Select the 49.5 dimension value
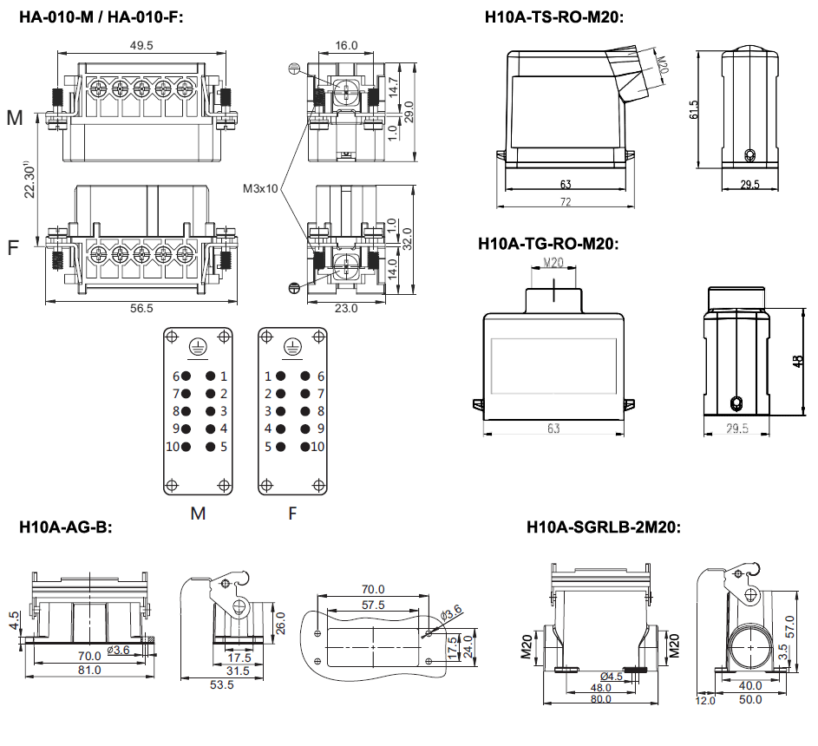click(141, 45)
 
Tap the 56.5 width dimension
click(141, 308)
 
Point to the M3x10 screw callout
click(260, 188)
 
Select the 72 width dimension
click(565, 201)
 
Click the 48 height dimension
click(798, 360)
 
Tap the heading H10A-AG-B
click(66, 527)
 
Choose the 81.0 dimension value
click(90, 670)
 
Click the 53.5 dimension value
click(222, 684)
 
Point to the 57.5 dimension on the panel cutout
click(373, 605)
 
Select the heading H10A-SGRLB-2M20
click(604, 527)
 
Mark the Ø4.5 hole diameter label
click(612, 676)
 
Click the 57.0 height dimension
click(790, 623)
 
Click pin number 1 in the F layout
click(268, 376)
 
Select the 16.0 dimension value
click(346, 45)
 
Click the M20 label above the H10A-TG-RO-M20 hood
click(553, 262)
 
